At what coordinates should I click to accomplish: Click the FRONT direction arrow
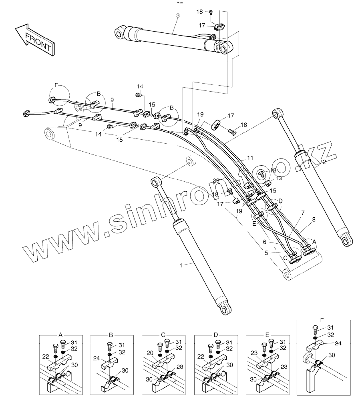click(34, 38)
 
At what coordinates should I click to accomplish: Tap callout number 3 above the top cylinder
click(178, 15)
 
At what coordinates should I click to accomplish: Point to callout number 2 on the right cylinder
click(324, 162)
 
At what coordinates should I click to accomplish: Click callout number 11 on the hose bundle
click(250, 158)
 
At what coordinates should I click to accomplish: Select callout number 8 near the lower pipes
click(313, 219)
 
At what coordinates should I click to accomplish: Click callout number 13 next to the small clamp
click(279, 178)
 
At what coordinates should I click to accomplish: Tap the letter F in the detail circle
click(56, 85)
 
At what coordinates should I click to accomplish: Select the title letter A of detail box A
click(60, 334)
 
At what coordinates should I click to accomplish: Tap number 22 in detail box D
click(199, 356)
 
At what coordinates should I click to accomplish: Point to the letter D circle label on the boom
click(280, 200)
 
